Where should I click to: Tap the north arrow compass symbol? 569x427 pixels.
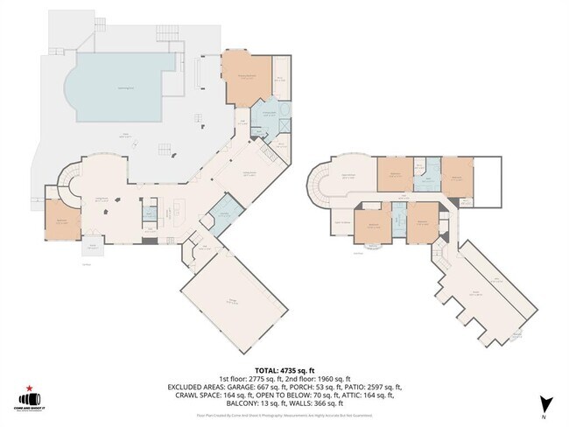546,404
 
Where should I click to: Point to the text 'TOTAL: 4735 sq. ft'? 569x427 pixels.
284,370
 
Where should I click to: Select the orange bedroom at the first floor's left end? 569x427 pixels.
60,219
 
